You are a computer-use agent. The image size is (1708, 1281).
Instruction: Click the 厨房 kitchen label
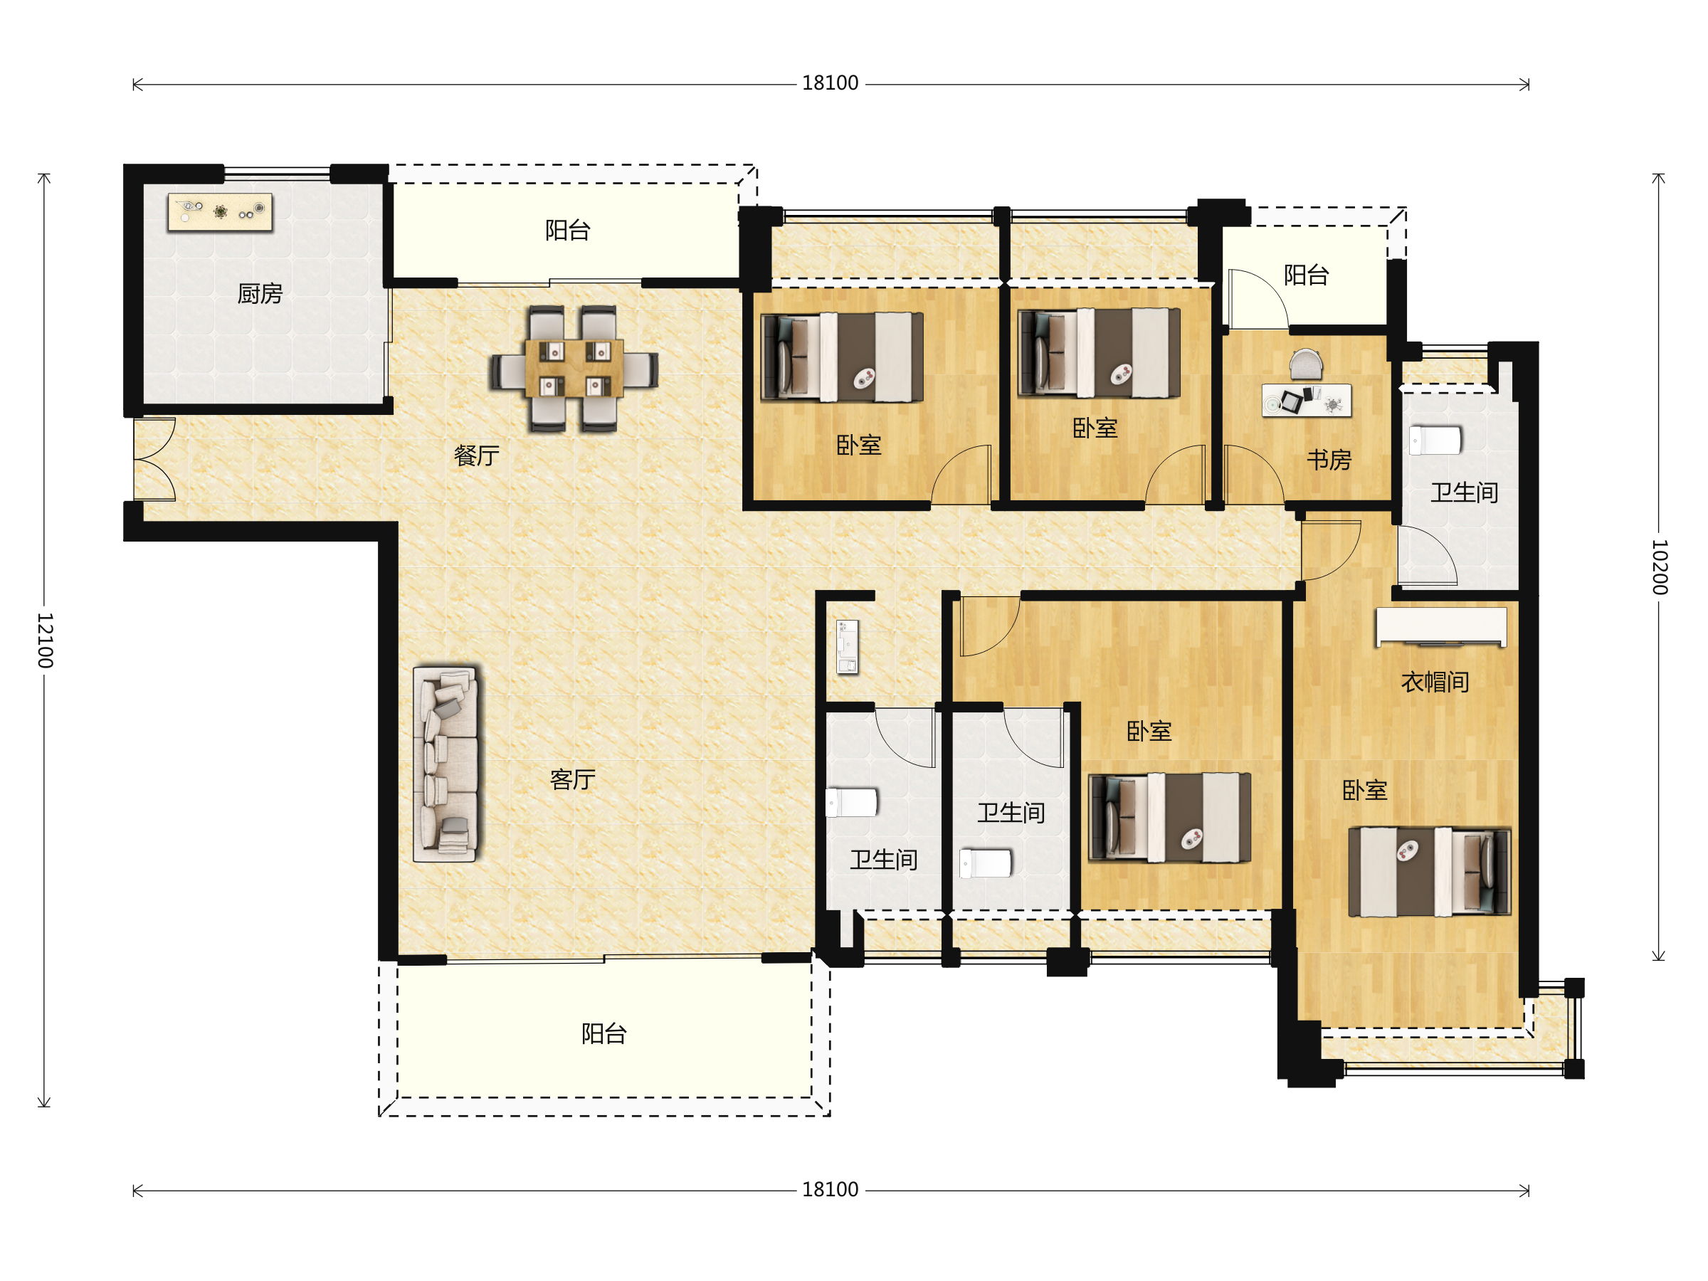pyautogui.click(x=260, y=293)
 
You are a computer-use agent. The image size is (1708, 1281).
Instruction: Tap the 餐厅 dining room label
pyautogui.click(x=476, y=455)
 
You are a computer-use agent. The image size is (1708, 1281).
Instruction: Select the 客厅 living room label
pyautogui.click(x=572, y=779)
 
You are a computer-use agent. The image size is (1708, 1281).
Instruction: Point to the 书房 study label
pyautogui.click(x=1329, y=460)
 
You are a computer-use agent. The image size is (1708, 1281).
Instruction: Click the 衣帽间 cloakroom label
pyautogui.click(x=1435, y=682)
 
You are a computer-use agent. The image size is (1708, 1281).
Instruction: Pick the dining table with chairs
pyautogui.click(x=574, y=369)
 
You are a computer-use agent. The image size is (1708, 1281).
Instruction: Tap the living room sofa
pyautogui.click(x=446, y=764)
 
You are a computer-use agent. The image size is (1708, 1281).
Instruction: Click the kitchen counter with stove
pyautogui.click(x=220, y=211)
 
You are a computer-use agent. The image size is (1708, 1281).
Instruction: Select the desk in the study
pyautogui.click(x=1307, y=400)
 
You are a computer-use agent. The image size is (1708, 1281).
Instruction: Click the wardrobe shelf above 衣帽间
pyautogui.click(x=1441, y=626)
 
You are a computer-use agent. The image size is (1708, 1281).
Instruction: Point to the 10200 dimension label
pyautogui.click(x=1659, y=566)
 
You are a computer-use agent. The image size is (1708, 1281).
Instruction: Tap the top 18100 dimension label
pyautogui.click(x=830, y=83)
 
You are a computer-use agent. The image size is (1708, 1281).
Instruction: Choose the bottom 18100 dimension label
pyautogui.click(x=830, y=1189)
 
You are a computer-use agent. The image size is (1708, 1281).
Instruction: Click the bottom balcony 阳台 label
pyautogui.click(x=603, y=1033)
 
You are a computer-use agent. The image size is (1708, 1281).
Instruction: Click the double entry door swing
pyautogui.click(x=154, y=460)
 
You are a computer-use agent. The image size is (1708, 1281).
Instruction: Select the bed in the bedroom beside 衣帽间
pyautogui.click(x=1429, y=872)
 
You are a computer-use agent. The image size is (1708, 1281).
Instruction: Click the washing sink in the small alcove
pyautogui.click(x=848, y=647)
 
